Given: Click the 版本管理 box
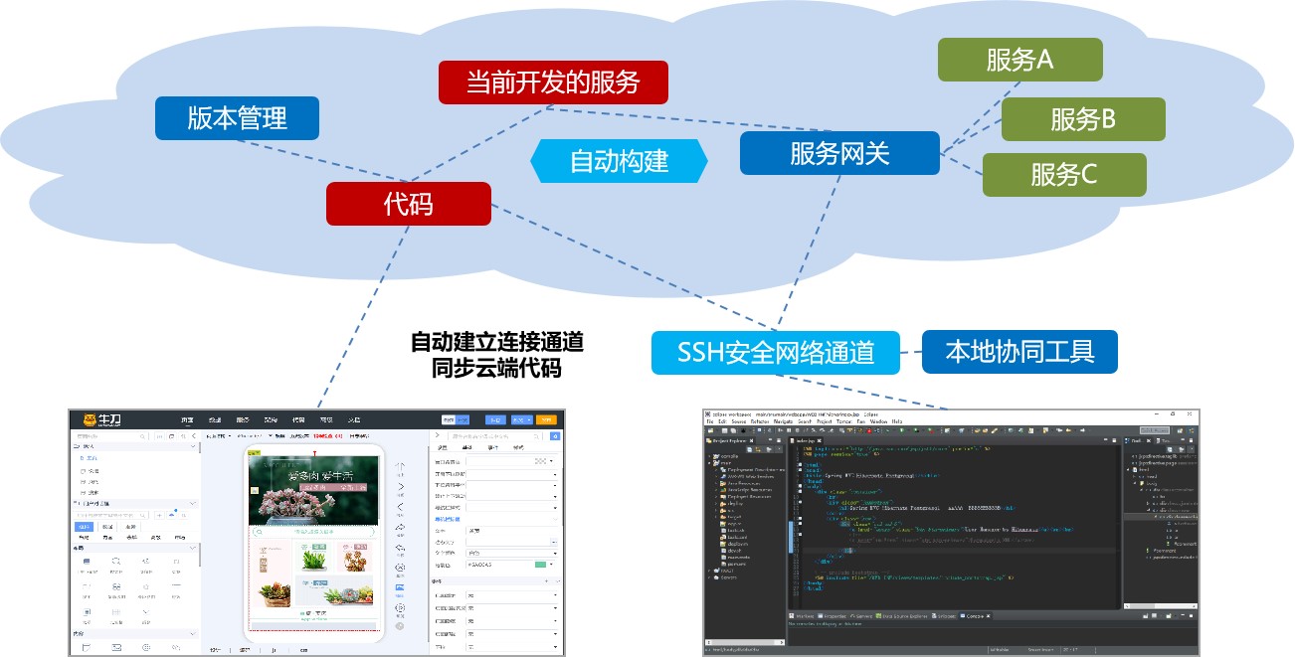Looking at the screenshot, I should tap(237, 118).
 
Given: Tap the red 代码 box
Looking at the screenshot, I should tap(408, 204).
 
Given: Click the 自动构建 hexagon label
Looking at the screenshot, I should tap(619, 161).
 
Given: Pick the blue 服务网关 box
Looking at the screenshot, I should tap(839, 153).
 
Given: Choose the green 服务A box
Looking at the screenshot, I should tap(1019, 60).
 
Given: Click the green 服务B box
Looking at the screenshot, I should tap(1082, 119).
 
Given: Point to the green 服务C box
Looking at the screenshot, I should tap(1063, 175).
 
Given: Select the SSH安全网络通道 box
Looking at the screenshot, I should tap(776, 352).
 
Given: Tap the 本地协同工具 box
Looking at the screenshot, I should tap(1019, 351).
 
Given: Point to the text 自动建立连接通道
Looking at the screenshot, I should tap(497, 343).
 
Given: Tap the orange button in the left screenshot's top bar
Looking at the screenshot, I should tap(545, 419).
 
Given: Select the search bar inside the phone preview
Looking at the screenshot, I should tap(314, 533).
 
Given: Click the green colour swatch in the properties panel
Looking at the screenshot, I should tap(541, 565).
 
